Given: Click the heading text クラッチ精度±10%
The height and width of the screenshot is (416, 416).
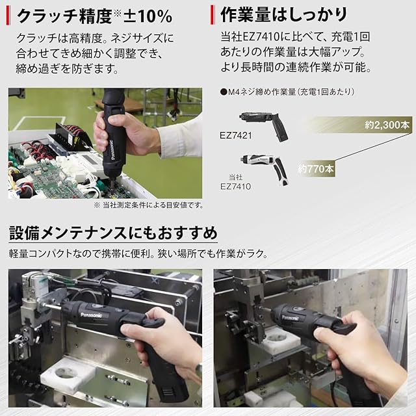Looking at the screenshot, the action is (94, 16).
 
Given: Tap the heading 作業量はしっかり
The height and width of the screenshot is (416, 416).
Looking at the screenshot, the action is (283, 15).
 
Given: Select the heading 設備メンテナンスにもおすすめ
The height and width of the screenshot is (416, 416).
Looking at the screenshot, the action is (113, 233).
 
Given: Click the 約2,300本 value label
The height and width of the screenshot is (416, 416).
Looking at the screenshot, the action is (387, 125).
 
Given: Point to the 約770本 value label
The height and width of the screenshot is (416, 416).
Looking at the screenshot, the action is (316, 168).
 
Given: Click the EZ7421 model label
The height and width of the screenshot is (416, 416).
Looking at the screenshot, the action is (235, 135).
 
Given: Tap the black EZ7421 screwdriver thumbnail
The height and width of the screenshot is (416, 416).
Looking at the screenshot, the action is (264, 125).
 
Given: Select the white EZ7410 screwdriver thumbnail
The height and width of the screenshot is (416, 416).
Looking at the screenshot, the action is (265, 169).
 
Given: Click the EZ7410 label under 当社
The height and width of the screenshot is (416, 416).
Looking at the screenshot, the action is (235, 187).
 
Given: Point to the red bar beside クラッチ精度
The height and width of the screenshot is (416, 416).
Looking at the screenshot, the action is (8, 16).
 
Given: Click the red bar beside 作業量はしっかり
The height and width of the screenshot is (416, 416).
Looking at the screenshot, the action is (213, 15).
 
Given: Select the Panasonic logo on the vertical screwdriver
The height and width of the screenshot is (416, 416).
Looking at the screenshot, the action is (112, 150).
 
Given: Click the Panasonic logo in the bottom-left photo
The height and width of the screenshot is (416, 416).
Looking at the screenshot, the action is (91, 315).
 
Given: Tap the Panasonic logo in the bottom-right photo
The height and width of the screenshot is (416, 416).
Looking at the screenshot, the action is (291, 318).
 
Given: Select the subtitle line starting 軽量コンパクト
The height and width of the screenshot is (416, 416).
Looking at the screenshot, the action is (138, 254).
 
